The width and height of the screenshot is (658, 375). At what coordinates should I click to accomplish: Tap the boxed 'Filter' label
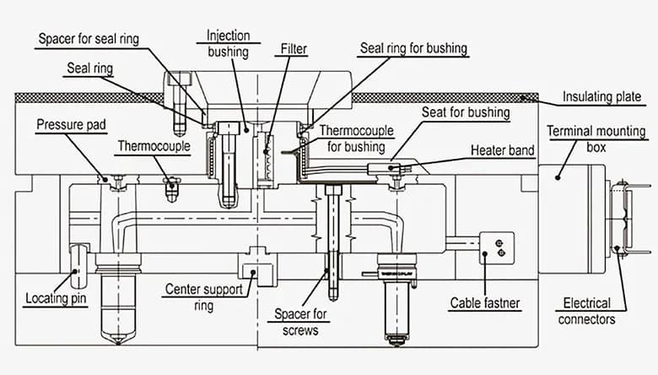coord(288,49)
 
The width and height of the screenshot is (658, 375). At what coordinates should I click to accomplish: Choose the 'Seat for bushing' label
coord(466,112)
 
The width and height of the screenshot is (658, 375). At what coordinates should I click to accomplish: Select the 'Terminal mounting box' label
coord(596,139)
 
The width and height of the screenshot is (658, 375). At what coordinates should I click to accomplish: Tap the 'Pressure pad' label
coord(70,125)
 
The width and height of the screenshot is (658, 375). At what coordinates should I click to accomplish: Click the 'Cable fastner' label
coord(484,302)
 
